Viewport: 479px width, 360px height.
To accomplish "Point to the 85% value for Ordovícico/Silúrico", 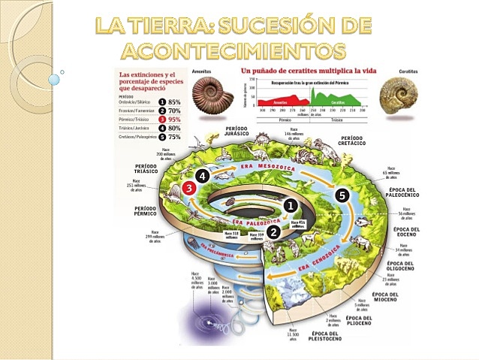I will (174, 101).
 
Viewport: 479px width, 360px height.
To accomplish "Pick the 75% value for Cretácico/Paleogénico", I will (174, 137).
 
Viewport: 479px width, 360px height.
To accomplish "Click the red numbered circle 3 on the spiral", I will (189, 189).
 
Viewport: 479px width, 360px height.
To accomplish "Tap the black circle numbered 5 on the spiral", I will (342, 195).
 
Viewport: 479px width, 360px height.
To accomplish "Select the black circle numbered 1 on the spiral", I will (291, 204).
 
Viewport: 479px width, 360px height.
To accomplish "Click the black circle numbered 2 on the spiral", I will (274, 232).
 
